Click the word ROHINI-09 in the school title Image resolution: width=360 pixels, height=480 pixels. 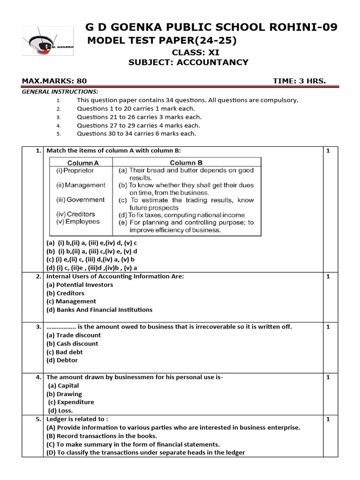point(306,27)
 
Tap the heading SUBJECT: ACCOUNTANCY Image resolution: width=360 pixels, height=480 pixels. point(188,62)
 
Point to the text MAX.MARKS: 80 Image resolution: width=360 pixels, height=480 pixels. point(54,81)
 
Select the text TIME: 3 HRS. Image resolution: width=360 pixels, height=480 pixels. point(299,81)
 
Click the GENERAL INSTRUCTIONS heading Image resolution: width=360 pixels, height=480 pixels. point(60,91)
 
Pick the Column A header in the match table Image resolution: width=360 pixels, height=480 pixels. point(81,163)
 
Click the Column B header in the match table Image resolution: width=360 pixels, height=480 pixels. point(186,163)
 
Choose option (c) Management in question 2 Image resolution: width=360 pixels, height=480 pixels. point(71,301)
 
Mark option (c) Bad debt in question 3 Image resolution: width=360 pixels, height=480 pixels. point(65,352)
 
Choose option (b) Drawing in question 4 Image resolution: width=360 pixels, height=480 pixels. point(64,394)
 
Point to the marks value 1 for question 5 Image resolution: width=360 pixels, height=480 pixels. point(328,419)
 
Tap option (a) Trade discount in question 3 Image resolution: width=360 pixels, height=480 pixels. point(74,335)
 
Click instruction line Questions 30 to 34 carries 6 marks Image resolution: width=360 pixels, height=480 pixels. point(136,134)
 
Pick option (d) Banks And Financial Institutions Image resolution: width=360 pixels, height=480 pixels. point(99,310)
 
